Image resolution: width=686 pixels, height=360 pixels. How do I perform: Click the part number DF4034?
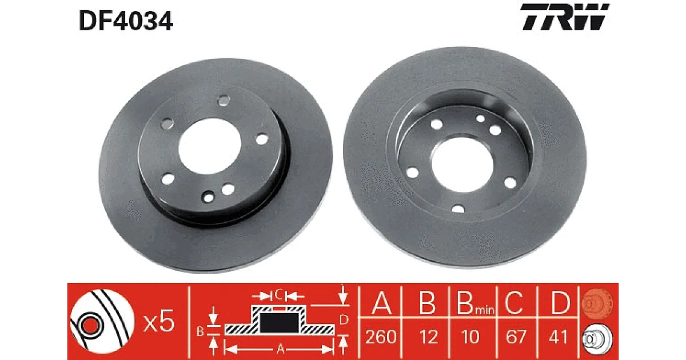coord(126,21)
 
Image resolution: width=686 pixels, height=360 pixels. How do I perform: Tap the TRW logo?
coord(565,17)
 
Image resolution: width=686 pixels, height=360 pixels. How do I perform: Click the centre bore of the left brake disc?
coord(209,146)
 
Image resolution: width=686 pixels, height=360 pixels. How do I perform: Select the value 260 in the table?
coord(381,337)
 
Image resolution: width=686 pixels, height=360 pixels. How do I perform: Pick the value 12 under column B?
coord(428,337)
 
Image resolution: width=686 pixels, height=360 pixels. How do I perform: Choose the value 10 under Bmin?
coord(470,337)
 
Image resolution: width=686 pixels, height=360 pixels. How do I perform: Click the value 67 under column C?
coord(516,337)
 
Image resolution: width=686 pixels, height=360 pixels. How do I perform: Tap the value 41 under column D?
coord(558,337)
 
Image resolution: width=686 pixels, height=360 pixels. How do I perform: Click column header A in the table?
coord(381,303)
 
